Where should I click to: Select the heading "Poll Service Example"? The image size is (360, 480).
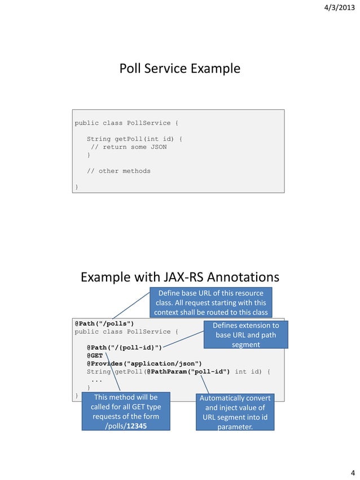tap(179, 69)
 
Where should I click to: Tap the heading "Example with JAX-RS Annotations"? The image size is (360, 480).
tap(179, 278)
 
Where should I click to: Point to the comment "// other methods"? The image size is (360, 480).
tap(118, 171)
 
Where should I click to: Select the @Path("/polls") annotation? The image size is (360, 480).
tap(104, 323)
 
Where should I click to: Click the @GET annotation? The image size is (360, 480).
tap(94, 355)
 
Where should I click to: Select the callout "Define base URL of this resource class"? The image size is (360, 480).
tap(210, 303)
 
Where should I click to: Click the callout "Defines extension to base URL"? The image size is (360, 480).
tap(245, 335)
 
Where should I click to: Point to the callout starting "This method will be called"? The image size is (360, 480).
tap(125, 412)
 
